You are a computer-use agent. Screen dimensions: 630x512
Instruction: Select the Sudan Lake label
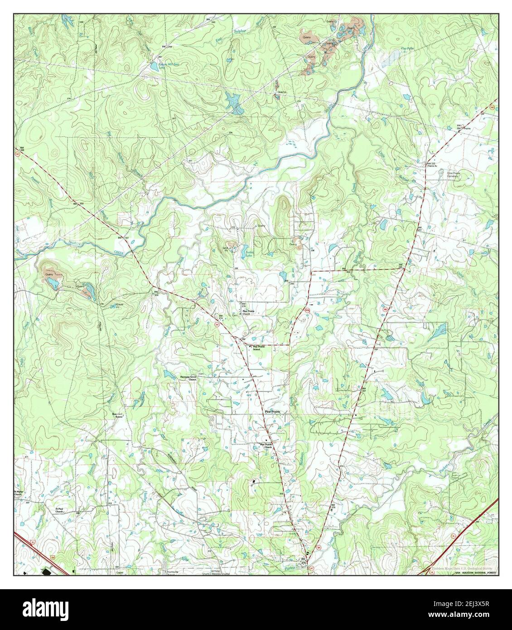250,253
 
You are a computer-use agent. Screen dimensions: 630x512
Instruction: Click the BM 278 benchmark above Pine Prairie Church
243,305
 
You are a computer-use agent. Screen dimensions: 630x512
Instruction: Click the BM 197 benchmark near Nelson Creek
120,237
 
